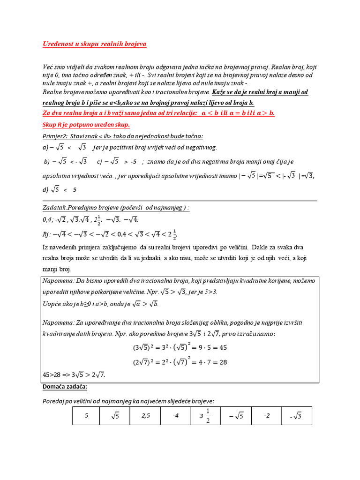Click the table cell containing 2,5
click(x=145, y=416)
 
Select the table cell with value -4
click(x=175, y=416)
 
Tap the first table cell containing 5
click(x=86, y=416)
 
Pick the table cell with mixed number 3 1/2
click(x=204, y=416)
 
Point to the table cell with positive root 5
click(x=115, y=416)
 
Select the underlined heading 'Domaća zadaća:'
click(x=65, y=387)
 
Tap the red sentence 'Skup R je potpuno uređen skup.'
click(x=86, y=125)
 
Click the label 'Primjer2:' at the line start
click(x=54, y=136)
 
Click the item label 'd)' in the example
click(x=45, y=190)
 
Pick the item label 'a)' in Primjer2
click(x=45, y=148)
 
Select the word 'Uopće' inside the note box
click(x=52, y=304)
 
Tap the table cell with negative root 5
click(x=235, y=416)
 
